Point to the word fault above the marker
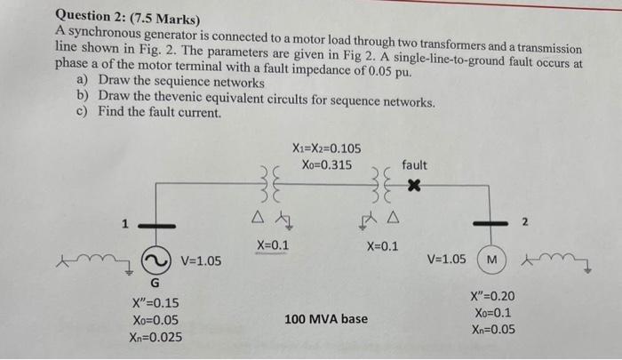click(x=414, y=164)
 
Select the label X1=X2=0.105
click(x=326, y=148)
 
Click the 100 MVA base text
click(x=326, y=317)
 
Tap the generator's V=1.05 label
click(x=202, y=260)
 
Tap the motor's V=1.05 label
click(x=446, y=260)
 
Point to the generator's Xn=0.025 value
click(x=155, y=337)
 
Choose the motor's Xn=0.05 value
click(x=492, y=330)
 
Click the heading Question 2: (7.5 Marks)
click(x=129, y=17)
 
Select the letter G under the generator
click(x=155, y=284)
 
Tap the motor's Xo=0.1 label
click(x=492, y=313)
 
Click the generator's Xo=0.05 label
click(x=155, y=320)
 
